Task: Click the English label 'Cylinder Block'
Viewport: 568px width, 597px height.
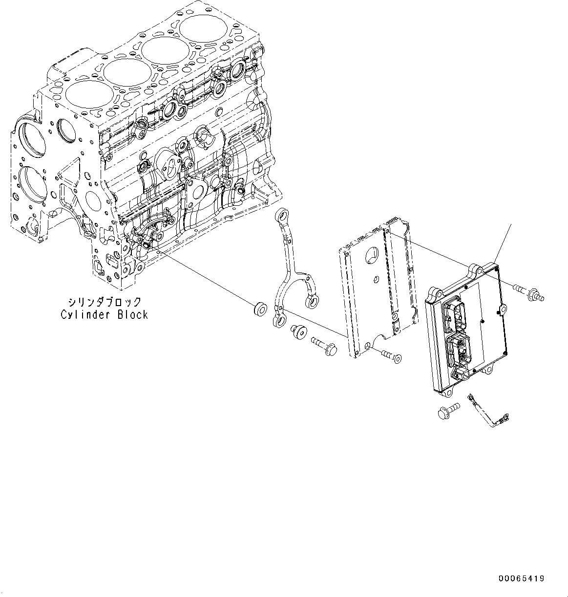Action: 104,315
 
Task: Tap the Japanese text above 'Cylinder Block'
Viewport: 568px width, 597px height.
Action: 105,302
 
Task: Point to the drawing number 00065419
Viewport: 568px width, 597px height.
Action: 521,578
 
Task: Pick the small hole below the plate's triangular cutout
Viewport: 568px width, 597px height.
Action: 375,280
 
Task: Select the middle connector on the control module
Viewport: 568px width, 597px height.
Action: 459,349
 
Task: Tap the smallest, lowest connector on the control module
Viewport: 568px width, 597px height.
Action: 460,375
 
